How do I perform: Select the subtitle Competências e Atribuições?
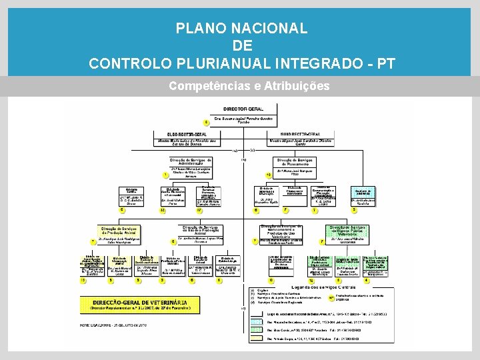point(249,87)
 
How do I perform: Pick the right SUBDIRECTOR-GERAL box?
point(302,138)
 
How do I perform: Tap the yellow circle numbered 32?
point(162,211)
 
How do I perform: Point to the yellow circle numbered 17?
point(199,211)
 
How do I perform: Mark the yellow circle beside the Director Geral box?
point(207,123)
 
